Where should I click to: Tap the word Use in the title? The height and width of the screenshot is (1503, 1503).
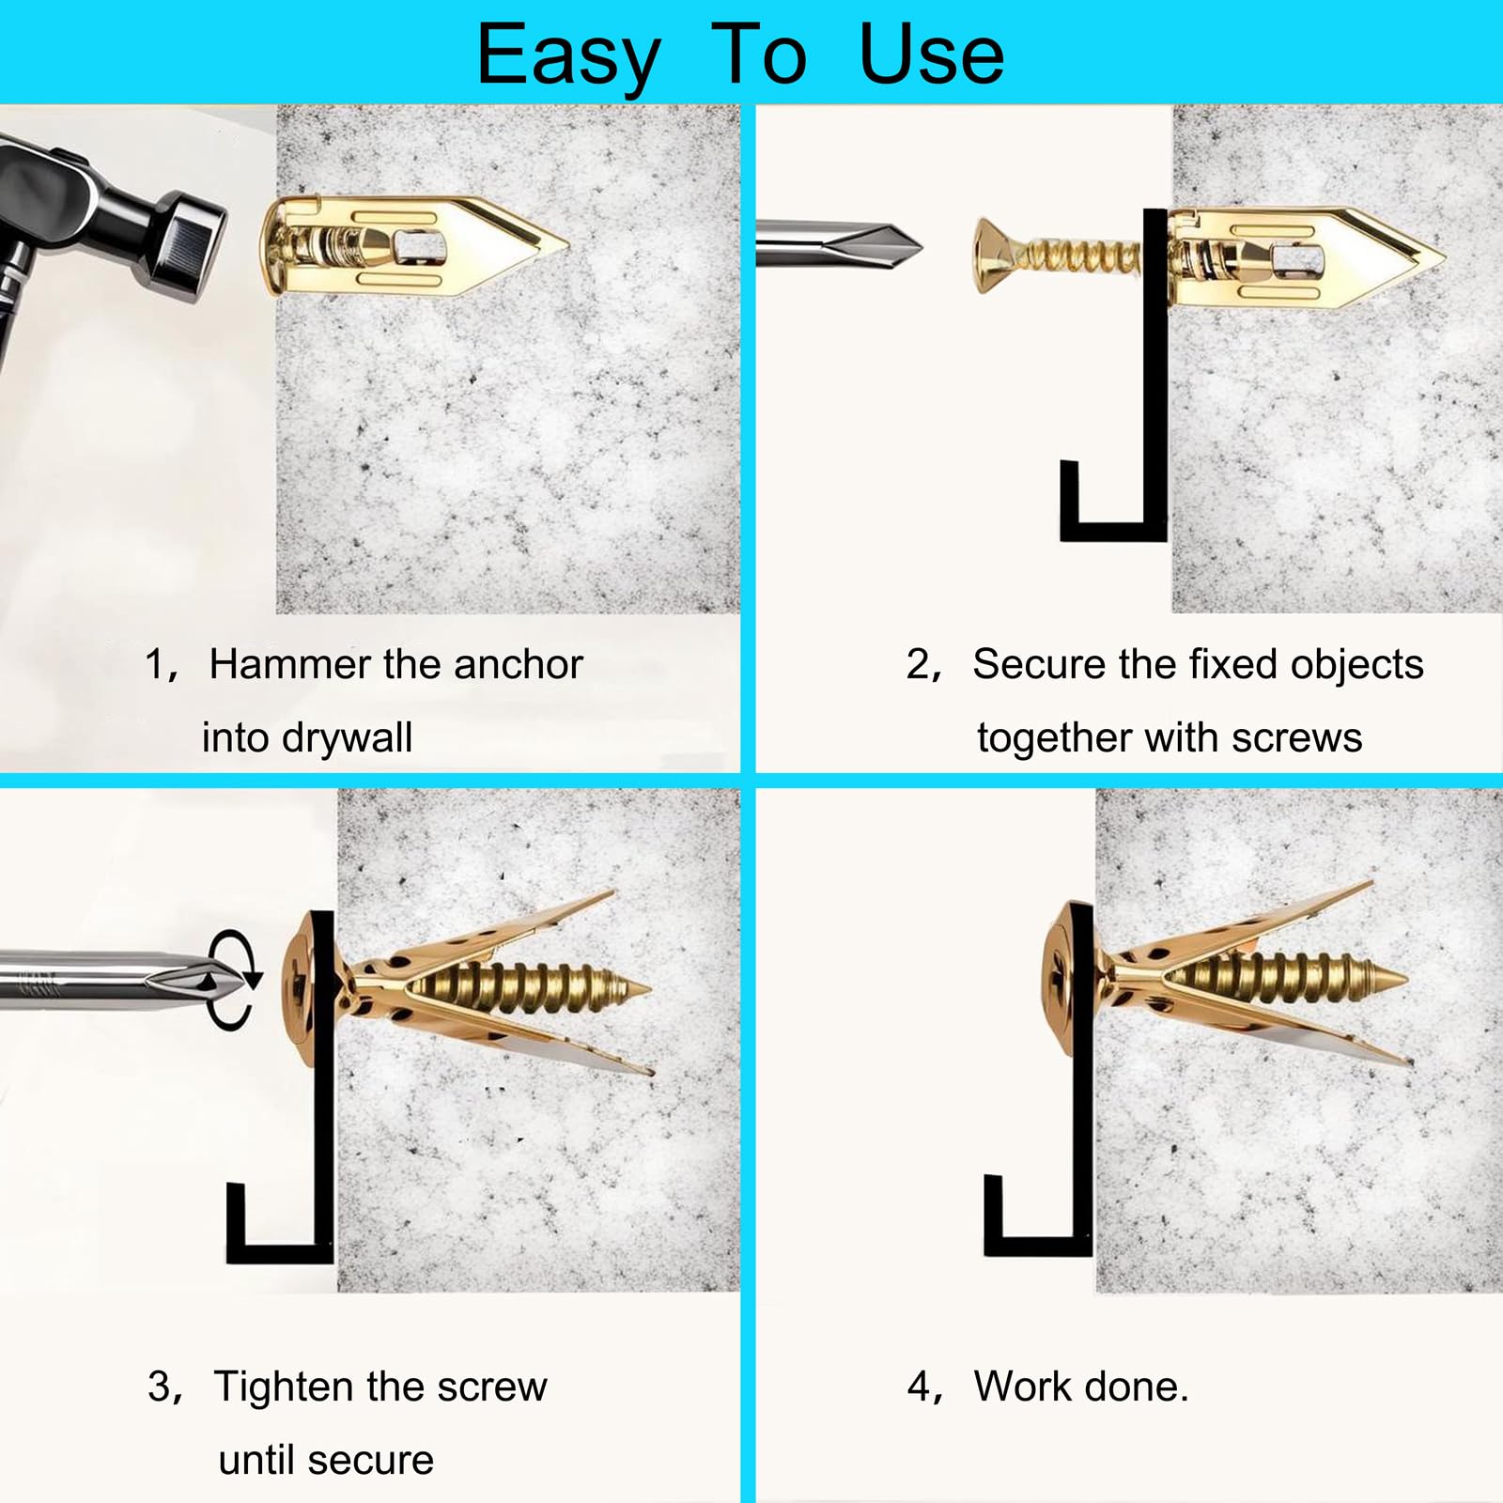click(931, 54)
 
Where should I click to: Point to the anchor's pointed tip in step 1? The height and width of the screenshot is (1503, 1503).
click(567, 247)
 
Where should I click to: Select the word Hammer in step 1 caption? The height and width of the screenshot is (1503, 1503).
click(290, 664)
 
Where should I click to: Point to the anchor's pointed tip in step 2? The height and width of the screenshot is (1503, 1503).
click(1442, 254)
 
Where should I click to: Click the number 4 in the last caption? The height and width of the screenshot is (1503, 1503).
click(920, 1387)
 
